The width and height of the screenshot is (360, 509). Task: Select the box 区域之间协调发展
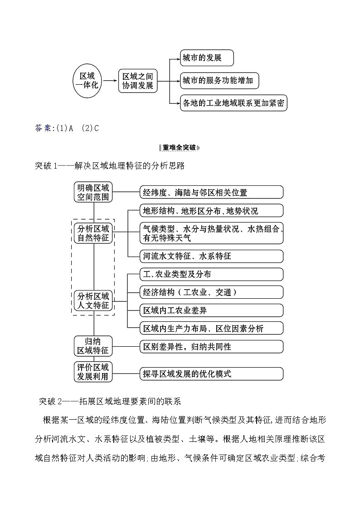click(138, 81)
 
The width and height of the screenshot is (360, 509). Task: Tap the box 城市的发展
click(207, 58)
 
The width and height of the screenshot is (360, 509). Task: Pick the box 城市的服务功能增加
click(219, 81)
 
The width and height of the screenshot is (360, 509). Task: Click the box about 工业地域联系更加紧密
click(234, 103)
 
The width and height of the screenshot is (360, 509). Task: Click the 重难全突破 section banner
click(180, 147)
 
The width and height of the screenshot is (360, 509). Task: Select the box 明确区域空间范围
click(93, 192)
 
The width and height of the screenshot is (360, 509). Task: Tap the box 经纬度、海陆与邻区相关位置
click(211, 192)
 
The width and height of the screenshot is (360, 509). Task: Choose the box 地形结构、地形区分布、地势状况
click(211, 211)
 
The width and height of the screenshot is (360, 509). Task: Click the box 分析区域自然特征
click(93, 233)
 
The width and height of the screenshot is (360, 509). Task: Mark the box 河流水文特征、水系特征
click(211, 256)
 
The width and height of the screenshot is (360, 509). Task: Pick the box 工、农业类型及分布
click(211, 274)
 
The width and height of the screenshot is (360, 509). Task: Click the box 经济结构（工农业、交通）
click(211, 292)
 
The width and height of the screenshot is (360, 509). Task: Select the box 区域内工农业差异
click(211, 310)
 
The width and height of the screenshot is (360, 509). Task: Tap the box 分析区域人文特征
click(93, 301)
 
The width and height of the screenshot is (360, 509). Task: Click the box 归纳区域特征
click(93, 346)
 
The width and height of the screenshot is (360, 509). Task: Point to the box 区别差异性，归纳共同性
click(211, 347)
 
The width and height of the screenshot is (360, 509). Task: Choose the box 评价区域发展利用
click(93, 372)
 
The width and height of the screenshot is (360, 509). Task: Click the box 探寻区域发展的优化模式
click(211, 374)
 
